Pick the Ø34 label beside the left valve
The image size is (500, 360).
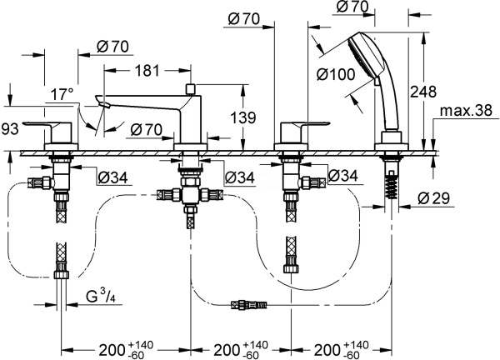(112, 176)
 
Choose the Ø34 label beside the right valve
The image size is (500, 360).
(342, 175)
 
